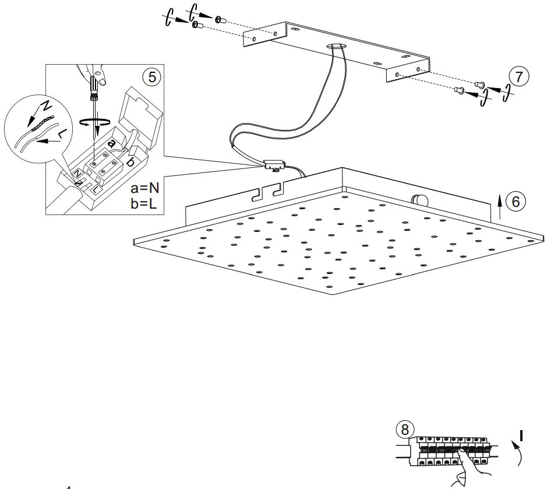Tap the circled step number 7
point(519,76)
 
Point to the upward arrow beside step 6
point(500,206)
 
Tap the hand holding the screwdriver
point(93,74)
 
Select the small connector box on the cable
point(273,166)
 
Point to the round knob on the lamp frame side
point(419,200)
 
